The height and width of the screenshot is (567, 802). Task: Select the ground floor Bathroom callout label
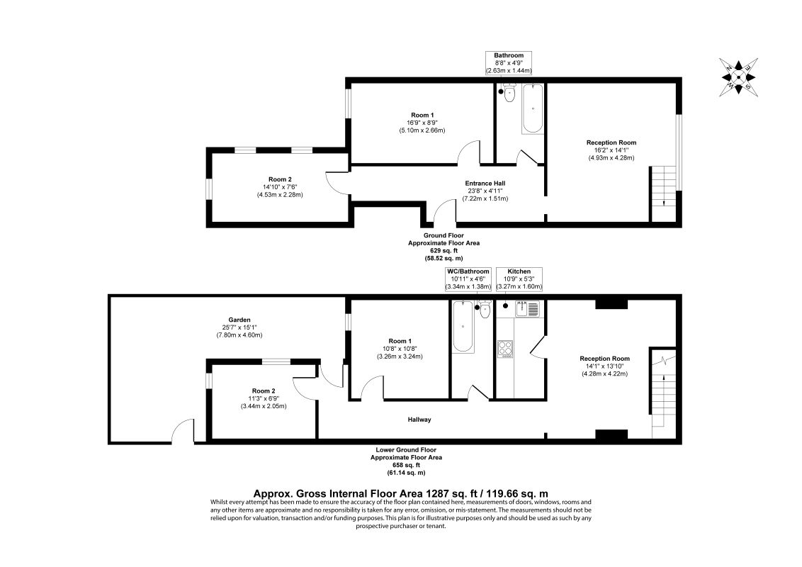pyautogui.click(x=508, y=63)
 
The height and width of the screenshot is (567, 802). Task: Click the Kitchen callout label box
pyautogui.click(x=519, y=279)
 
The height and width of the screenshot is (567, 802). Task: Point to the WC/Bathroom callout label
pyautogui.click(x=467, y=279)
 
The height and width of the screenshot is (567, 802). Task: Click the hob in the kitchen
pyautogui.click(x=505, y=348)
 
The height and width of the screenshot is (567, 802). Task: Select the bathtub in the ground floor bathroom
pyautogui.click(x=532, y=109)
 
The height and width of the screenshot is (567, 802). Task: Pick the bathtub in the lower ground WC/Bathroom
pyautogui.click(x=462, y=327)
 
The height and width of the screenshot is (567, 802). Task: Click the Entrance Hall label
pyautogui.click(x=485, y=184)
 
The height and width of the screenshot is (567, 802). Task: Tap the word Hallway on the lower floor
pyautogui.click(x=419, y=420)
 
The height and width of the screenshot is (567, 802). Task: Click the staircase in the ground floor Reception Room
pyautogui.click(x=662, y=186)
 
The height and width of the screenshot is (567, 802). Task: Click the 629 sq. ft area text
pyautogui.click(x=444, y=250)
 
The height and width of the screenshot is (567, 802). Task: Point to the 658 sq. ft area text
pyautogui.click(x=405, y=465)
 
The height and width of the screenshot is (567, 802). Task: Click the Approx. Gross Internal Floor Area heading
pyautogui.click(x=400, y=493)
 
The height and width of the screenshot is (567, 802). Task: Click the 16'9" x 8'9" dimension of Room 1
pyautogui.click(x=422, y=123)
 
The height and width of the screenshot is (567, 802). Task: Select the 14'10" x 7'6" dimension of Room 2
pyautogui.click(x=280, y=187)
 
